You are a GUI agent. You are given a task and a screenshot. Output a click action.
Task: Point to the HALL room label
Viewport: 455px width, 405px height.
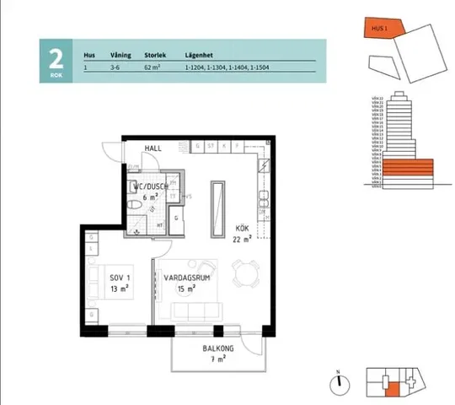(153, 148)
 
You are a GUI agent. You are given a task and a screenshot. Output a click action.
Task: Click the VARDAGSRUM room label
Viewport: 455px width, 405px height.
(184, 279)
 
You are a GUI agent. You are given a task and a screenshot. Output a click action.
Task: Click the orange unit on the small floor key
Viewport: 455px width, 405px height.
(392, 389)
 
